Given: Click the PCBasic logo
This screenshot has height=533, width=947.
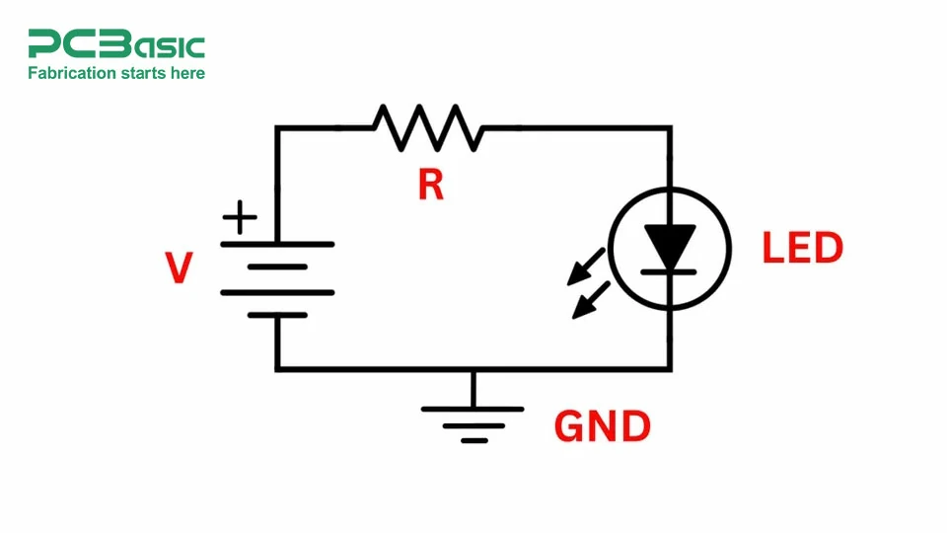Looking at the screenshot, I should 115,44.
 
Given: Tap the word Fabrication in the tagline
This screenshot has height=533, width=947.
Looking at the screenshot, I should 71,73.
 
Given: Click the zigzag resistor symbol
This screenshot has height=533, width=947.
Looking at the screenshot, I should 427,127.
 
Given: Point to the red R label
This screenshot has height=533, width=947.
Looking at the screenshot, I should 430,184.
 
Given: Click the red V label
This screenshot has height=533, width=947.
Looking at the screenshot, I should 178,267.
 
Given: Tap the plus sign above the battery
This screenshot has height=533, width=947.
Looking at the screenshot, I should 239,217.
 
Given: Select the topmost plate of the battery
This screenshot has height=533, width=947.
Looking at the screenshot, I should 277,243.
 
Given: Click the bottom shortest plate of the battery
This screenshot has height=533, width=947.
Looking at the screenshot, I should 277,316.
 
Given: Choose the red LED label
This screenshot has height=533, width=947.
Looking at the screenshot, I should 802,249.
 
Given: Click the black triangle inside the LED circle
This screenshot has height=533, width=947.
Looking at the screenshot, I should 671,246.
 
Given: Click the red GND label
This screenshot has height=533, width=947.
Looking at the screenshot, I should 603,426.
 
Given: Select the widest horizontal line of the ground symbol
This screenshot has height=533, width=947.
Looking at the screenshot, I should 473,407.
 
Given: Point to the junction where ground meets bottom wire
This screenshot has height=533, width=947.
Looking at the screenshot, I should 473,369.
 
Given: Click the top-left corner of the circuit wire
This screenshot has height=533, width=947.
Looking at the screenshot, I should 277,127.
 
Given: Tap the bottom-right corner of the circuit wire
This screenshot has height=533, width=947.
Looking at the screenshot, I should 671,369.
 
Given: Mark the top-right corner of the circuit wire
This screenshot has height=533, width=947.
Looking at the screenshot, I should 671,127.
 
